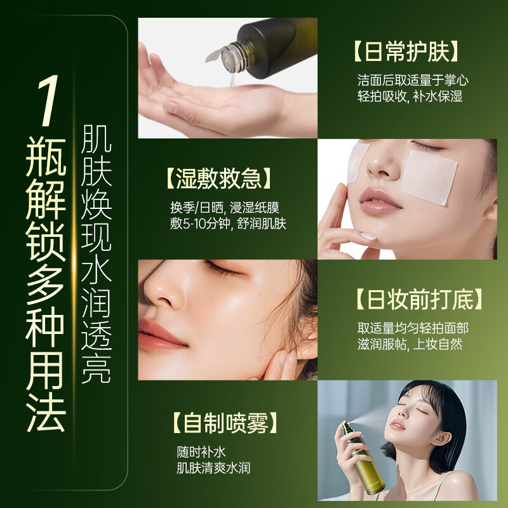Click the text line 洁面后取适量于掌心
coord(412,81)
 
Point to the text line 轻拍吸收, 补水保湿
coord(410,97)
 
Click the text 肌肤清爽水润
coord(214,469)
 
